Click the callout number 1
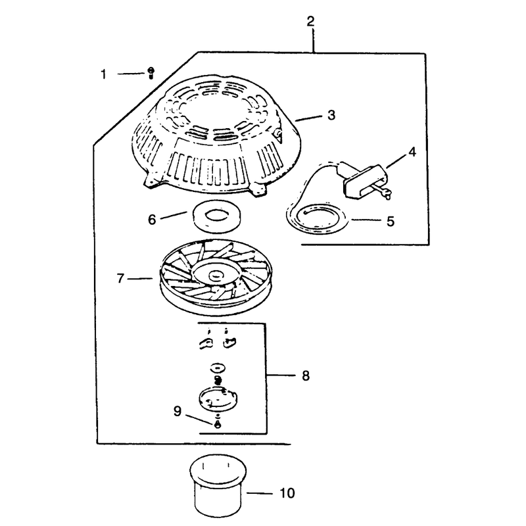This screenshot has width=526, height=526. (104, 74)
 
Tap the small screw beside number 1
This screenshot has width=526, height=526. (151, 73)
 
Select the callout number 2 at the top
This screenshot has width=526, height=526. (310, 21)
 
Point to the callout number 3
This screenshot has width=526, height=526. (331, 114)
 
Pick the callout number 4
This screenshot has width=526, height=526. (412, 152)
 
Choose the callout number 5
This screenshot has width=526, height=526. (390, 222)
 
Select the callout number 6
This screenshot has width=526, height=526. (152, 220)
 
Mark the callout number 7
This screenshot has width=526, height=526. (120, 278)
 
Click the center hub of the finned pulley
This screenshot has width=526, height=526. (216, 275)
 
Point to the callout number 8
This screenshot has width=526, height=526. (306, 375)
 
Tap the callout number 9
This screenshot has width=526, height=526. (178, 411)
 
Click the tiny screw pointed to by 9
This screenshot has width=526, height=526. (218, 424)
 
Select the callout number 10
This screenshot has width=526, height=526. (287, 493)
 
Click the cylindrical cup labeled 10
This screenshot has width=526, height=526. (218, 485)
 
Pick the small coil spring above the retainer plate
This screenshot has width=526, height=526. (218, 381)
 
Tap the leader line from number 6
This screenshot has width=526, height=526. (173, 215)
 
